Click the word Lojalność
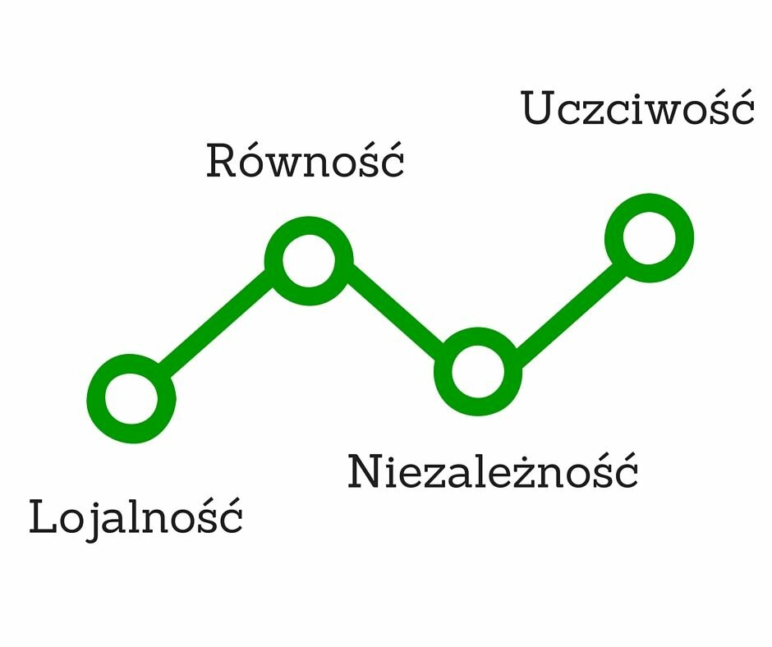136,517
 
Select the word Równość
305,160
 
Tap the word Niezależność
493,471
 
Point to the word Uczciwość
637,108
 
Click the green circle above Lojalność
132,398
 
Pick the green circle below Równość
309,260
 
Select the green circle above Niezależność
478,371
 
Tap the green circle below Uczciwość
649,238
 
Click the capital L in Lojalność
42,517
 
